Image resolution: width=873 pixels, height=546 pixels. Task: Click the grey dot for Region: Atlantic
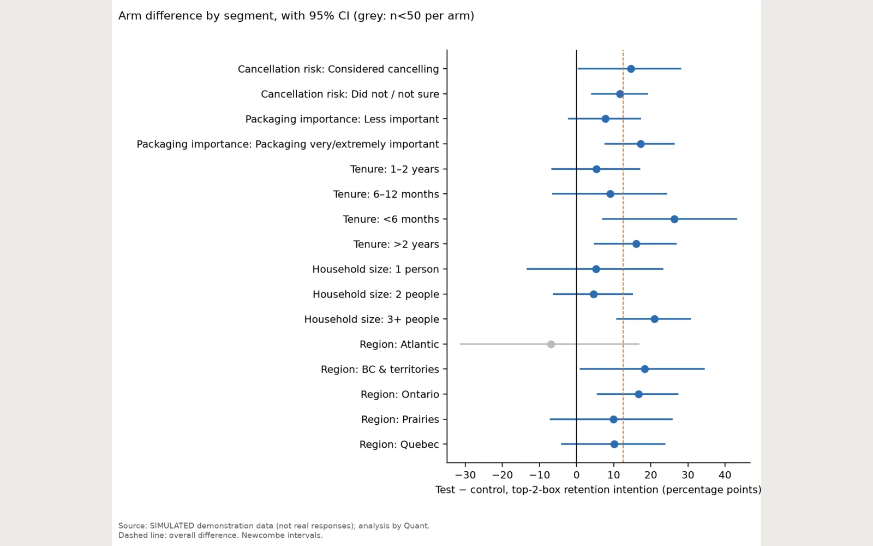click(551, 344)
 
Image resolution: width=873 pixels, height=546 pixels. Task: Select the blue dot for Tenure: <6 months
click(674, 219)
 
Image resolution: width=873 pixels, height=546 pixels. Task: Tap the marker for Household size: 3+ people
click(654, 319)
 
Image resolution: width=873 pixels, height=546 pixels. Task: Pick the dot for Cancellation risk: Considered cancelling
click(631, 69)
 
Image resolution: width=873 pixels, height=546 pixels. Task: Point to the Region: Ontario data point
click(638, 394)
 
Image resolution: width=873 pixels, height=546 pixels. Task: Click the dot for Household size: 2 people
click(594, 294)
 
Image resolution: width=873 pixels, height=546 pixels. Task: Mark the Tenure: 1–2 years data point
click(596, 169)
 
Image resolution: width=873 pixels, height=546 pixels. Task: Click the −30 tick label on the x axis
click(465, 475)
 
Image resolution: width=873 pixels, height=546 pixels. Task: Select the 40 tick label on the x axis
click(725, 475)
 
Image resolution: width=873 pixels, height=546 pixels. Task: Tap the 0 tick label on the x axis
click(576, 475)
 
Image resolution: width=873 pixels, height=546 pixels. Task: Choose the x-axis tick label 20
click(650, 475)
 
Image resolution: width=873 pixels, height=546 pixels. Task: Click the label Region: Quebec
click(399, 444)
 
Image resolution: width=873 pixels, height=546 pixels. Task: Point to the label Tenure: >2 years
click(396, 244)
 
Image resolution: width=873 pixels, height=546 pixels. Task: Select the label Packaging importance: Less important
click(342, 119)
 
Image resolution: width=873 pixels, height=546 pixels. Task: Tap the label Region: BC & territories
click(380, 369)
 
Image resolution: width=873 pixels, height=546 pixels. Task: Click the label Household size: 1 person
click(376, 269)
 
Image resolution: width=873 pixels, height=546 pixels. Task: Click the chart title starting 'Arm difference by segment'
click(296, 16)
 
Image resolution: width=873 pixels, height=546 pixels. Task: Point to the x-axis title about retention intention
click(598, 489)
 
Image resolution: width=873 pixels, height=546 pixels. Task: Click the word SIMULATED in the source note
click(172, 525)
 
